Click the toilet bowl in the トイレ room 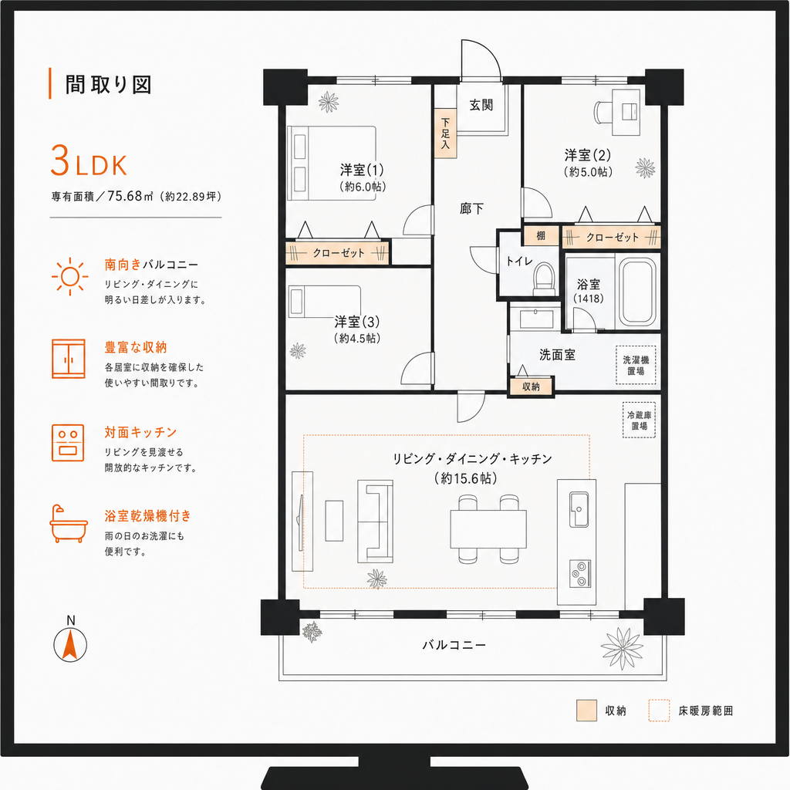click(x=544, y=278)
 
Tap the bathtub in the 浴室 click(x=637, y=292)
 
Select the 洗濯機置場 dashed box click(x=636, y=365)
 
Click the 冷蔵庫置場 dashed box click(x=640, y=420)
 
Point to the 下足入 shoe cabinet click(x=445, y=133)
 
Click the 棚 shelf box click(x=541, y=235)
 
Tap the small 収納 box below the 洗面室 click(x=531, y=387)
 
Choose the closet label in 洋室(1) click(x=338, y=253)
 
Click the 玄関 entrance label click(x=481, y=105)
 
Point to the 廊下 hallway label click(x=471, y=208)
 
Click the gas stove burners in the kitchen click(x=580, y=574)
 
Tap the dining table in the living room click(x=488, y=529)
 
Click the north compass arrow click(x=70, y=644)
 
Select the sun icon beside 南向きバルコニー click(x=70, y=276)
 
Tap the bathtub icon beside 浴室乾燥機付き click(x=69, y=524)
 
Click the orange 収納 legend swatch click(x=586, y=711)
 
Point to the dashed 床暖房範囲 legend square click(x=659, y=711)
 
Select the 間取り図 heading click(x=108, y=85)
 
